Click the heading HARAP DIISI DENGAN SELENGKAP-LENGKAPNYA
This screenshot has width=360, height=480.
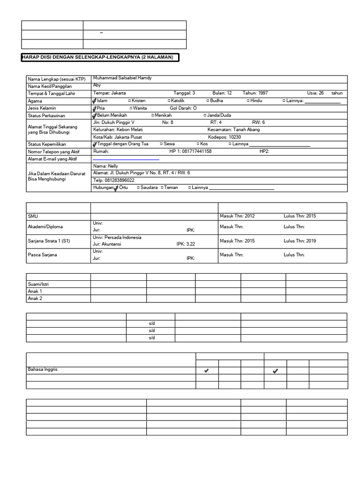point(97,57)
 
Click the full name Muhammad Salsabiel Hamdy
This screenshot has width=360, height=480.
point(122,78)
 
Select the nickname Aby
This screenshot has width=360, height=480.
point(97,86)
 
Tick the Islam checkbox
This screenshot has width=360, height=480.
point(95,101)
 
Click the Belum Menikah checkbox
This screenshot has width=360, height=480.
point(95,115)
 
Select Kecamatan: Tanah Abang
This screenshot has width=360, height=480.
point(233,129)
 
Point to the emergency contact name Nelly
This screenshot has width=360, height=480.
point(105,166)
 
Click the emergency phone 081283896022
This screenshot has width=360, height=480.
point(114,180)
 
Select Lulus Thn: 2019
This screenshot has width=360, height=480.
point(300,241)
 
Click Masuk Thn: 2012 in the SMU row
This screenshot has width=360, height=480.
point(237,216)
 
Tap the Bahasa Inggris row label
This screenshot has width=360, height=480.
point(42,370)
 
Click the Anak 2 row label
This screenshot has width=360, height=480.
point(35,298)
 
